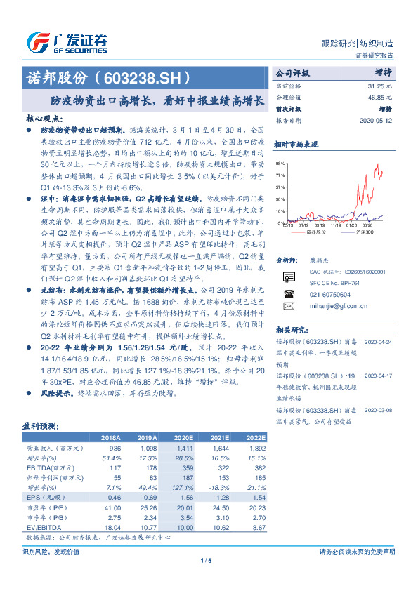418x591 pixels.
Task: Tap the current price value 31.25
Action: (x=378, y=85)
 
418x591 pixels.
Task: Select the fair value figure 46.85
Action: (x=378, y=97)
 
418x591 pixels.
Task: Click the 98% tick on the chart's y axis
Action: (x=280, y=162)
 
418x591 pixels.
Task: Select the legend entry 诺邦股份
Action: (x=317, y=231)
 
